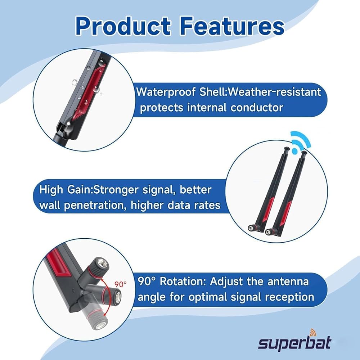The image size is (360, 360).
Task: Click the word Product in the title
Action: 123,26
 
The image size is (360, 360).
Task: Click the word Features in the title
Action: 232,26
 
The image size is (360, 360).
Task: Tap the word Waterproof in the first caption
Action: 166,92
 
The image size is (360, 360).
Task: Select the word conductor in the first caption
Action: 257,107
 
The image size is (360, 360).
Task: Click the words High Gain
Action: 66,190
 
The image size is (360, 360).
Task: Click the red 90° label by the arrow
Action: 121,284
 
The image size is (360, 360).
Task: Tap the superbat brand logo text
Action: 294,343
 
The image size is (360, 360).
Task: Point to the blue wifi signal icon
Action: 300,141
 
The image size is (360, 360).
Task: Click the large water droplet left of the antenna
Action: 75,82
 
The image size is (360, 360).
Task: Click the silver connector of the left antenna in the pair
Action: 251,228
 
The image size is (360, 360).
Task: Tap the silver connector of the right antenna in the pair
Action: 268,232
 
